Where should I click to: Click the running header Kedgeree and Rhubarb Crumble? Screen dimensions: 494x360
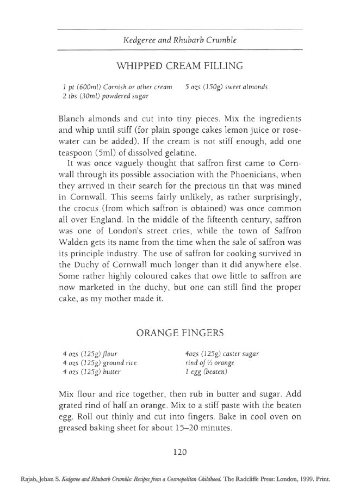click(179, 40)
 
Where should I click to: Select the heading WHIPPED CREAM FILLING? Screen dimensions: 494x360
click(179, 66)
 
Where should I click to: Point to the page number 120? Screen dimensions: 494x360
click(179, 451)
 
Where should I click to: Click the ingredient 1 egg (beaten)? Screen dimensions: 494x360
click(206, 372)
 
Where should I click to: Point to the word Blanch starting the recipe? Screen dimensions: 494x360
click(70, 118)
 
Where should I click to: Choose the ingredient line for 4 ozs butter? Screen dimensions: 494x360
click(91, 372)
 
